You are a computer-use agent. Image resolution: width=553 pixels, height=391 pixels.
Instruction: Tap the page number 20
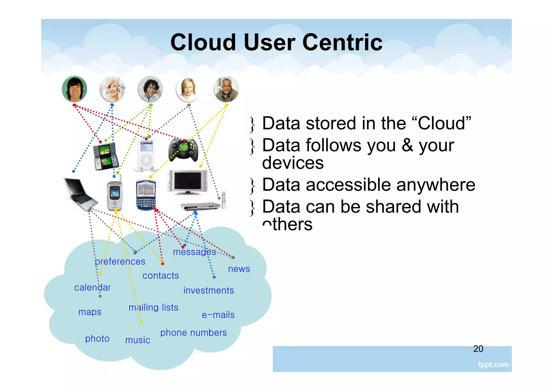(478, 349)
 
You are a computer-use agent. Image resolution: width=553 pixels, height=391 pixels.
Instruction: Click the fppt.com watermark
(493, 365)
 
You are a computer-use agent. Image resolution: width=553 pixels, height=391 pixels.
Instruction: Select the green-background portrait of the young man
(75, 89)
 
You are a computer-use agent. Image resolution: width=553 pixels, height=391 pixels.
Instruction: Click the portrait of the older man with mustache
(226, 89)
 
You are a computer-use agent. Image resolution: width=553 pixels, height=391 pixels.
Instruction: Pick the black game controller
(183, 150)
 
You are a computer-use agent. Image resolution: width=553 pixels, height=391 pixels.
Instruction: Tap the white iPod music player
(146, 155)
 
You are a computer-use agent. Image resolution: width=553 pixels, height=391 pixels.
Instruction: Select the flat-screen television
(188, 182)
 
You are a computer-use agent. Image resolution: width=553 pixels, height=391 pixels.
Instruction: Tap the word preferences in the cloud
(120, 261)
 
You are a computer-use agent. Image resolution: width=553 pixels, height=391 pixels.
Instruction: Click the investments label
(208, 290)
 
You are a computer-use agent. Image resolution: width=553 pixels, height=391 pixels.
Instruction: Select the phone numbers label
(193, 333)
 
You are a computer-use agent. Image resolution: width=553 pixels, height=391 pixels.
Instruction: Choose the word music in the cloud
(138, 340)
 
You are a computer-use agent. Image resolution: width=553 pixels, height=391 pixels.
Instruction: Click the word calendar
(92, 287)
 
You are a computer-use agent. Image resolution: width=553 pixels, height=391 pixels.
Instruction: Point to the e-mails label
(218, 315)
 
